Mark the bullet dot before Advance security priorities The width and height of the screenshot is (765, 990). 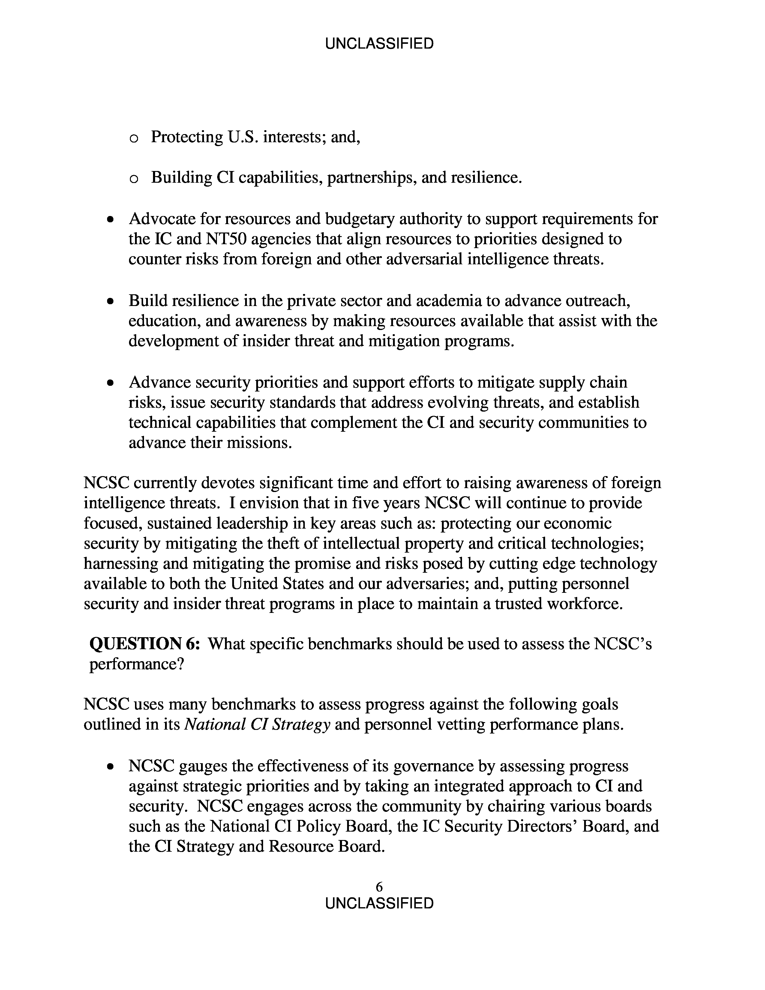point(110,383)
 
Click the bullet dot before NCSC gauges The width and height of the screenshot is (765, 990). point(110,767)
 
